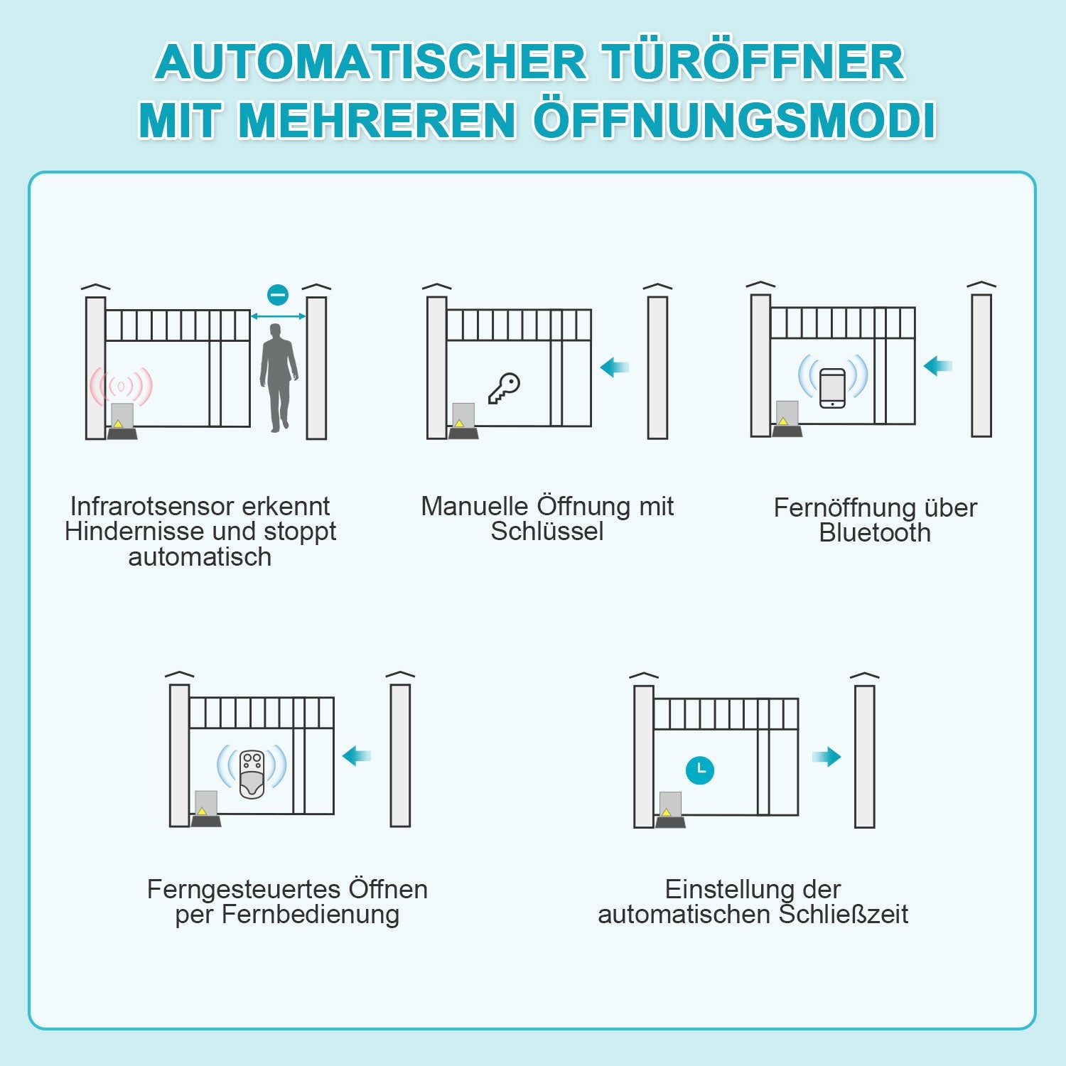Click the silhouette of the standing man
point(278,377)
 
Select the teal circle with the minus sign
point(278,294)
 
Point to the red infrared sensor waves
point(121,387)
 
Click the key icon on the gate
point(504,388)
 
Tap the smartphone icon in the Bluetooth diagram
point(832,388)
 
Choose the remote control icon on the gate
point(252,773)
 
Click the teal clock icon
point(700,770)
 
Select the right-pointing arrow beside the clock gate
point(827,757)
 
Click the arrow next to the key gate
point(615,367)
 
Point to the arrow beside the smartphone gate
point(937,366)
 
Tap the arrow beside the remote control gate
point(357,755)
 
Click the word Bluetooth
point(874,533)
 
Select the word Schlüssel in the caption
point(547,532)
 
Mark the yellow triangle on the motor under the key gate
point(459,423)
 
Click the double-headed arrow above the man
point(278,316)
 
